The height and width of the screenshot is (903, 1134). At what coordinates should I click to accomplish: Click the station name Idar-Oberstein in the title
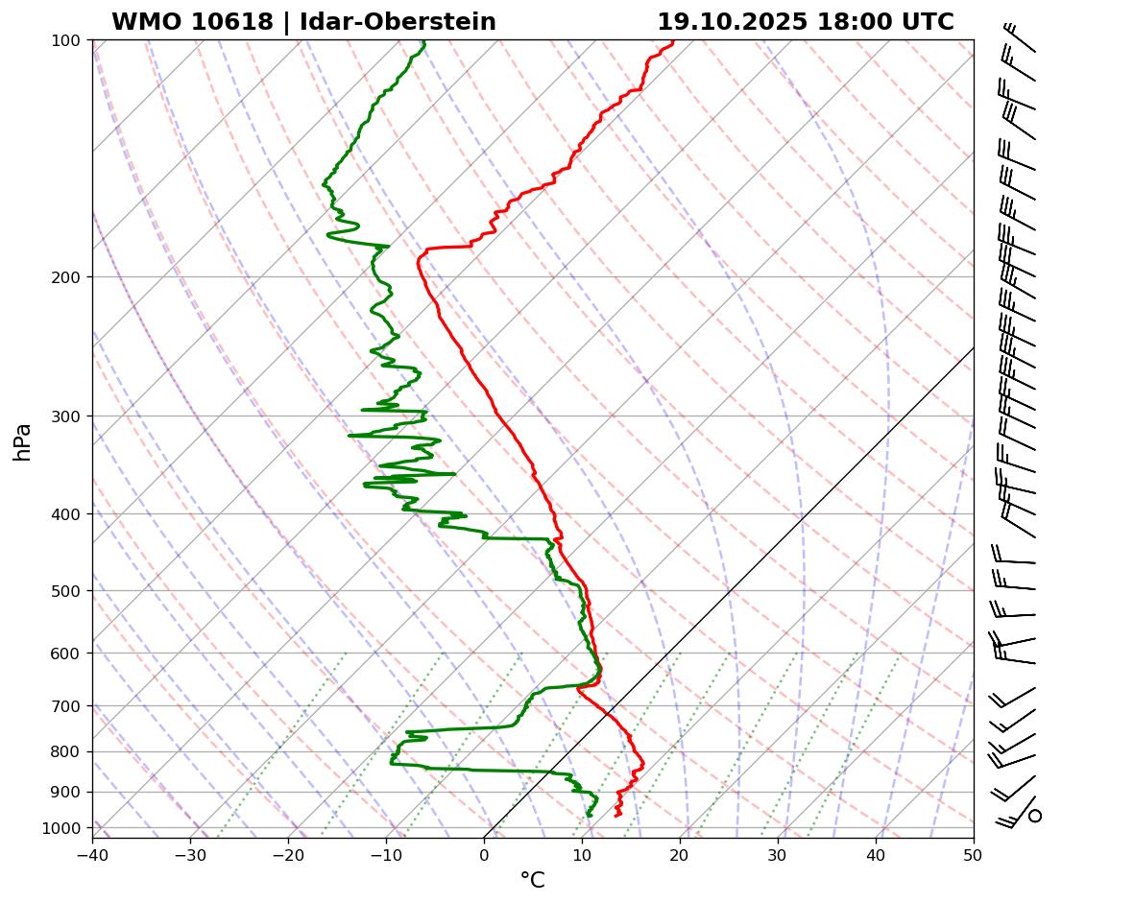click(x=398, y=22)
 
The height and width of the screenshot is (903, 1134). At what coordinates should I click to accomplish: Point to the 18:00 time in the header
click(x=849, y=22)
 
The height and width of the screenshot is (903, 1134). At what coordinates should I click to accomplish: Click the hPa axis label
click(x=22, y=442)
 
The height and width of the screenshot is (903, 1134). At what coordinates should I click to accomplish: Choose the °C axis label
click(x=532, y=880)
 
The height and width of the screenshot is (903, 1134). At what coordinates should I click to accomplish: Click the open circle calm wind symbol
click(x=1035, y=816)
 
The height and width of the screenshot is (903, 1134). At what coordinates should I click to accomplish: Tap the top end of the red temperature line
click(x=673, y=41)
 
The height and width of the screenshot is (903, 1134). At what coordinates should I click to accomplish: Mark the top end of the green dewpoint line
click(x=424, y=41)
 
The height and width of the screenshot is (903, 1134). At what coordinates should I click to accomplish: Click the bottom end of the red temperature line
click(x=616, y=816)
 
